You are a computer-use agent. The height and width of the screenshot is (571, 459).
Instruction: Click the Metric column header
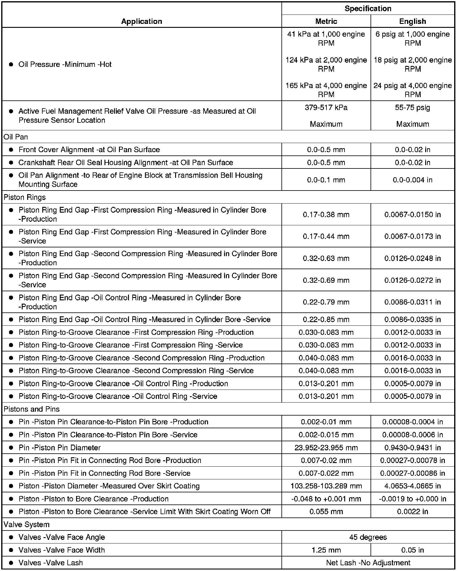pos(326,21)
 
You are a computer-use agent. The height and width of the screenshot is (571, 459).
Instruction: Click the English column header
pos(412,21)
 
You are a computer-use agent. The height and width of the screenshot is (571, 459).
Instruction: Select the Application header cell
pos(142,21)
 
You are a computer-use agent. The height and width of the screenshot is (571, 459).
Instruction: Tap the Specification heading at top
pos(368,8)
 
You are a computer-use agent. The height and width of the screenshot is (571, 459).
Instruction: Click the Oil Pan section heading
pos(16,137)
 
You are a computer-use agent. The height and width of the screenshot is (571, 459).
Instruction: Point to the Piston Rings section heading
pos(25,197)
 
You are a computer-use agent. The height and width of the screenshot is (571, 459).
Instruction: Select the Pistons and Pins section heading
pos(32,409)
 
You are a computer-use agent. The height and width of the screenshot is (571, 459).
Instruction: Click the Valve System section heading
pos(27,524)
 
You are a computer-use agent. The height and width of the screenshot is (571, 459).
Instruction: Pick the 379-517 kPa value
pos(326,108)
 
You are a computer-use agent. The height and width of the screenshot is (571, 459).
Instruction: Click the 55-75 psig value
pos(412,108)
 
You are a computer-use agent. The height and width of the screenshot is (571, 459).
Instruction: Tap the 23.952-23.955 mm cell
pos(326,448)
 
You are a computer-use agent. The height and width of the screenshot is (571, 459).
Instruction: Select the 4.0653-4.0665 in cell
pos(412,486)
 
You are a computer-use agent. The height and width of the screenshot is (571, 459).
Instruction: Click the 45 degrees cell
pos(368,537)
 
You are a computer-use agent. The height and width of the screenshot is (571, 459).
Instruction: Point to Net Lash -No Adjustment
pos(368,563)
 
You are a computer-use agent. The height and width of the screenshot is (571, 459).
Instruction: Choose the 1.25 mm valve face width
pos(326,550)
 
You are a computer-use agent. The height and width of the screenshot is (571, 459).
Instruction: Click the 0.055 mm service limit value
pos(326,512)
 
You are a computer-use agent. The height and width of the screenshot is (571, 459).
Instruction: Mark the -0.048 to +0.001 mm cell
pos(326,499)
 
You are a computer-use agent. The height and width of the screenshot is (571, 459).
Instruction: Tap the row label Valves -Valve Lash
pos(50,563)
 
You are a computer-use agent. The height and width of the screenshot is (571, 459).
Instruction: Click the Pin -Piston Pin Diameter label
pos(59,448)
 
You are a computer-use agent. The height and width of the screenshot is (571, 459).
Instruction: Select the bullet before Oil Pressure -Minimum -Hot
pos(11,64)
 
